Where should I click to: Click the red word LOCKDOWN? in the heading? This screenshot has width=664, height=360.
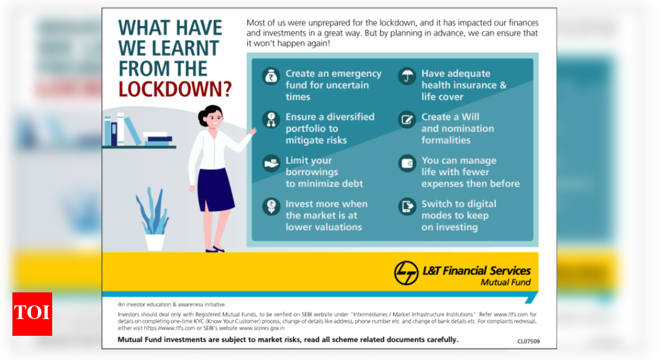(x=175, y=89)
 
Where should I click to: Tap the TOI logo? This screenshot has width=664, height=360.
(x=32, y=313)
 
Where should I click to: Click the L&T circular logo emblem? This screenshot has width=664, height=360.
(x=406, y=273)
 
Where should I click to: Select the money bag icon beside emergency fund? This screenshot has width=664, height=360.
(x=271, y=76)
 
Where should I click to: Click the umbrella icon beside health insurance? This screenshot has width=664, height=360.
(x=407, y=76)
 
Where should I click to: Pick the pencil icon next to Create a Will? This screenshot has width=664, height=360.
(x=407, y=120)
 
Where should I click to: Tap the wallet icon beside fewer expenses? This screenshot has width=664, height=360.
(x=407, y=164)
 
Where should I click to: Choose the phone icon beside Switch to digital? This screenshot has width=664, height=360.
(x=407, y=207)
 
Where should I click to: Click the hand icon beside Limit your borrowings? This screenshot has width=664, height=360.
(x=271, y=164)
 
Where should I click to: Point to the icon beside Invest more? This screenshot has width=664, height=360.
(x=271, y=207)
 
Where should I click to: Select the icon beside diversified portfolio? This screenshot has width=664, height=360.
(x=271, y=120)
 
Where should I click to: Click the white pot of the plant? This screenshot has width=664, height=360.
(x=155, y=242)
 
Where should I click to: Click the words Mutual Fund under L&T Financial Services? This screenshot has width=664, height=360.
(x=506, y=282)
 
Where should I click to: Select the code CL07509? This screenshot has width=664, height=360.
(x=528, y=341)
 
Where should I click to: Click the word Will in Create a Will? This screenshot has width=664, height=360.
(x=470, y=117)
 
